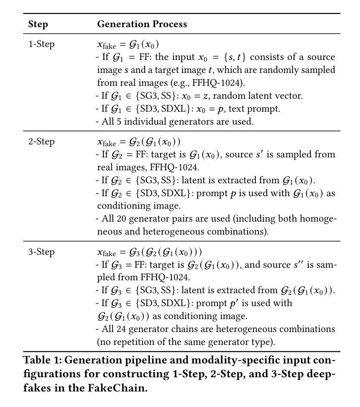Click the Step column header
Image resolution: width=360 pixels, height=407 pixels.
pos(38,24)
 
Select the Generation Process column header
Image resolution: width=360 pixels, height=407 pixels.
pos(142,24)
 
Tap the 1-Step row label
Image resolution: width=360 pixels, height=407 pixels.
pos(41,44)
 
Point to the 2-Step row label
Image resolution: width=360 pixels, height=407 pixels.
pos(41,142)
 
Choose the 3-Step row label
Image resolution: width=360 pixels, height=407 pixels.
pos(41,252)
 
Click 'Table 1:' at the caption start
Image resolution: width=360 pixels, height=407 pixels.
pos(42,360)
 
